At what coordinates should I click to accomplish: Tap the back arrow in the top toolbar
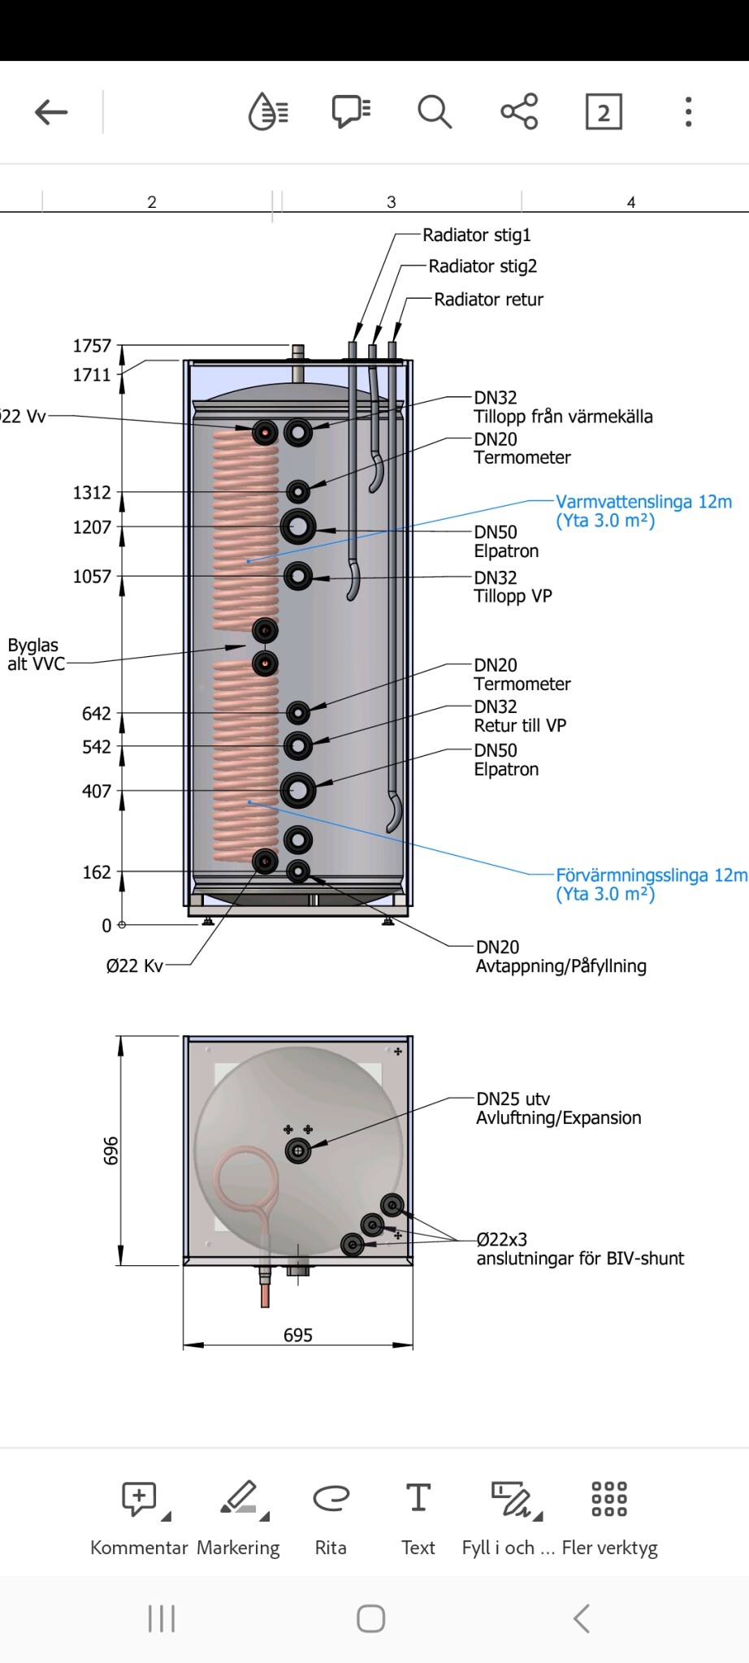pyautogui.click(x=51, y=112)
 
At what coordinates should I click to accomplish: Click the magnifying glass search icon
pyautogui.click(x=435, y=112)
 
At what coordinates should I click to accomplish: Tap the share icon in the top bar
pyautogui.click(x=519, y=111)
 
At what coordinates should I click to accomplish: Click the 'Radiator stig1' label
pyautogui.click(x=477, y=235)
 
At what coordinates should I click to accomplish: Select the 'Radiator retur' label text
pyautogui.click(x=489, y=300)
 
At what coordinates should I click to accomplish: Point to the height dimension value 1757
pyautogui.click(x=92, y=346)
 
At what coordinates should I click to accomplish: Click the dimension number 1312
pyautogui.click(x=92, y=493)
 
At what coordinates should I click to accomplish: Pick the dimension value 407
pyautogui.click(x=97, y=791)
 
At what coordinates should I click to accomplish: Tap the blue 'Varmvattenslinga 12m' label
pyautogui.click(x=644, y=502)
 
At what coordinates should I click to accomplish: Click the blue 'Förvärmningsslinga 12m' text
pyautogui.click(x=652, y=875)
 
